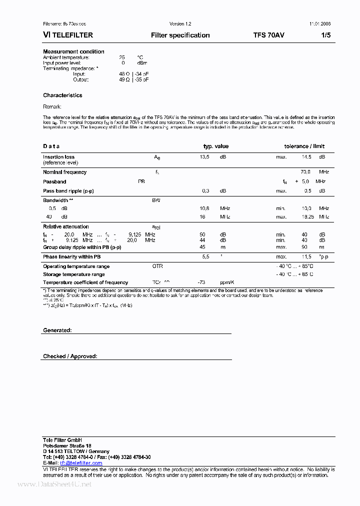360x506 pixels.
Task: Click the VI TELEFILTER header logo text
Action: (68, 35)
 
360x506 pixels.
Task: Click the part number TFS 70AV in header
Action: (269, 35)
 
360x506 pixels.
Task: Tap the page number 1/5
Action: (325, 35)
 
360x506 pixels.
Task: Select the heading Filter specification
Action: (180, 35)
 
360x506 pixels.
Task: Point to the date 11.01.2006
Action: (320, 23)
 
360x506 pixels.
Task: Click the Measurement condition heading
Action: (73, 51)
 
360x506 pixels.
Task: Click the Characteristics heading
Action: (62, 95)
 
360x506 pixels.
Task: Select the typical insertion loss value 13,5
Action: (204, 157)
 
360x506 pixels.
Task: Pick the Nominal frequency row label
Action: (64, 172)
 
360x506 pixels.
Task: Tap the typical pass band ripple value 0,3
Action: (205, 191)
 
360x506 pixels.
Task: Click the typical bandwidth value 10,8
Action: (204, 208)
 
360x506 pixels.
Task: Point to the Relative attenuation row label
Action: (66, 226)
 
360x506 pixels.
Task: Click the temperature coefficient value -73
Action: (202, 282)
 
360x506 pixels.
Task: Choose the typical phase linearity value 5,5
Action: (205, 256)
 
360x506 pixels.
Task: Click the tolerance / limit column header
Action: (304, 146)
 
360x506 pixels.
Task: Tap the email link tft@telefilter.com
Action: (80, 463)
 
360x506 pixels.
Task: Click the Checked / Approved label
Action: (70, 356)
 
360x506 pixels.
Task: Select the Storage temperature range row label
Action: (74, 274)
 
